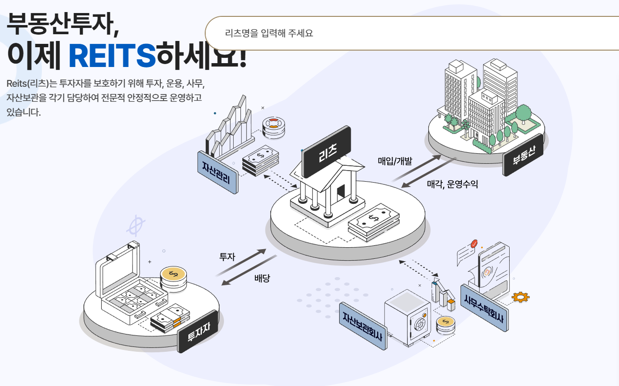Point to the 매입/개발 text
(395, 161)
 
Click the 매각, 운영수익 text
(452, 184)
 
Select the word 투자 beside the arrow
(227, 256)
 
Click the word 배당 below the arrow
(262, 278)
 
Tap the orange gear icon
(520, 297)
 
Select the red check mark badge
(474, 244)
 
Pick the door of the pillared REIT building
(342, 190)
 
